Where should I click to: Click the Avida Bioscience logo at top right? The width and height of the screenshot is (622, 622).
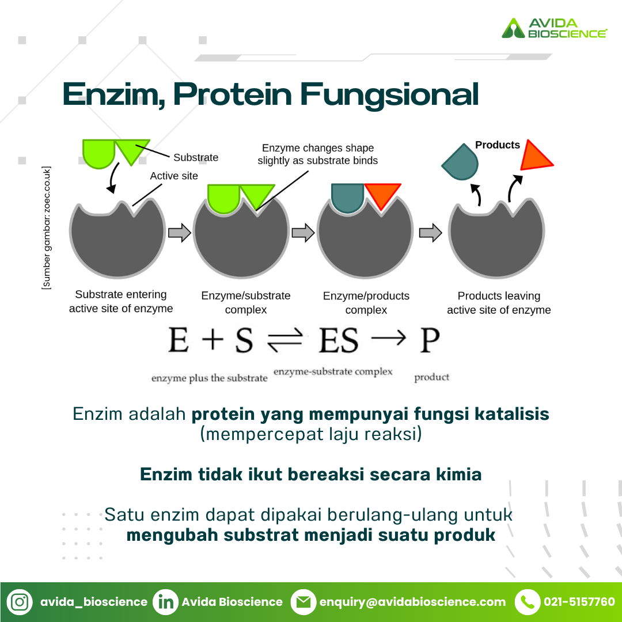tap(554, 28)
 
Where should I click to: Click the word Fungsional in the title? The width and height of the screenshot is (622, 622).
tap(389, 95)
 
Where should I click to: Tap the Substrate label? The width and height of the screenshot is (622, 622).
tap(196, 157)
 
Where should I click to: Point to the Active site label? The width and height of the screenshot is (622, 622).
tap(174, 176)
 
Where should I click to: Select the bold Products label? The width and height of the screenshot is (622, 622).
tap(498, 145)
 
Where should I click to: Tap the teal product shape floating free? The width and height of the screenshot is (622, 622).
tap(460, 162)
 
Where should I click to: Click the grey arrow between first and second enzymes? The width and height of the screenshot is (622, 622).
tap(180, 233)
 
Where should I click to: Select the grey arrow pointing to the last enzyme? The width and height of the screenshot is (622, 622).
tap(430, 233)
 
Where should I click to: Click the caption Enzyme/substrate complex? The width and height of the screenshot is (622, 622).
tap(246, 302)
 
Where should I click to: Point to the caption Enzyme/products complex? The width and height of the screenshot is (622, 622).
tap(366, 302)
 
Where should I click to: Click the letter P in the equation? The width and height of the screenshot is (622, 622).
tap(430, 340)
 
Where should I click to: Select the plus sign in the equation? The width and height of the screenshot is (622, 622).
tap(213, 340)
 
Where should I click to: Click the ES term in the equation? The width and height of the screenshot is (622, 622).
tap(339, 340)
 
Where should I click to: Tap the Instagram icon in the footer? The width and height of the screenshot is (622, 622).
tap(20, 602)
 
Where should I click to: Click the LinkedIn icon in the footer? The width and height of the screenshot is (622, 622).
tap(165, 602)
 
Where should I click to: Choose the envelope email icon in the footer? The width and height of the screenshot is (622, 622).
tap(304, 602)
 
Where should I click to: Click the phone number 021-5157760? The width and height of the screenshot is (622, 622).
tap(579, 602)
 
